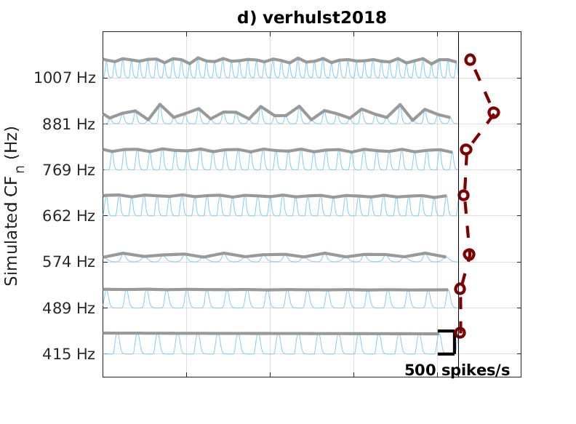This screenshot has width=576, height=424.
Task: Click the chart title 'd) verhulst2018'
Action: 311,18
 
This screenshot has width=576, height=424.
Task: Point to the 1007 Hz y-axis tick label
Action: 65,78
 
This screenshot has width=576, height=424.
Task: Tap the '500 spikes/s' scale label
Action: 457,370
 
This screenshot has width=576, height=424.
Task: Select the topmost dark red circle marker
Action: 470,60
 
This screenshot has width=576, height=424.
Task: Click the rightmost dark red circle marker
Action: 494,113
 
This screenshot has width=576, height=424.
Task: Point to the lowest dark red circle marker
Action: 460,332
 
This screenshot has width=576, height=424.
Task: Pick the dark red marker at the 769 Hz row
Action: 466,149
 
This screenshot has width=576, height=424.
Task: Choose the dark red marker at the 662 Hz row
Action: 463,195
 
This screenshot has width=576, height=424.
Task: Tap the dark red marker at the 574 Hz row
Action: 469,255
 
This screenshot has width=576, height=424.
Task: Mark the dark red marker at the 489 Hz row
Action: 460,289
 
